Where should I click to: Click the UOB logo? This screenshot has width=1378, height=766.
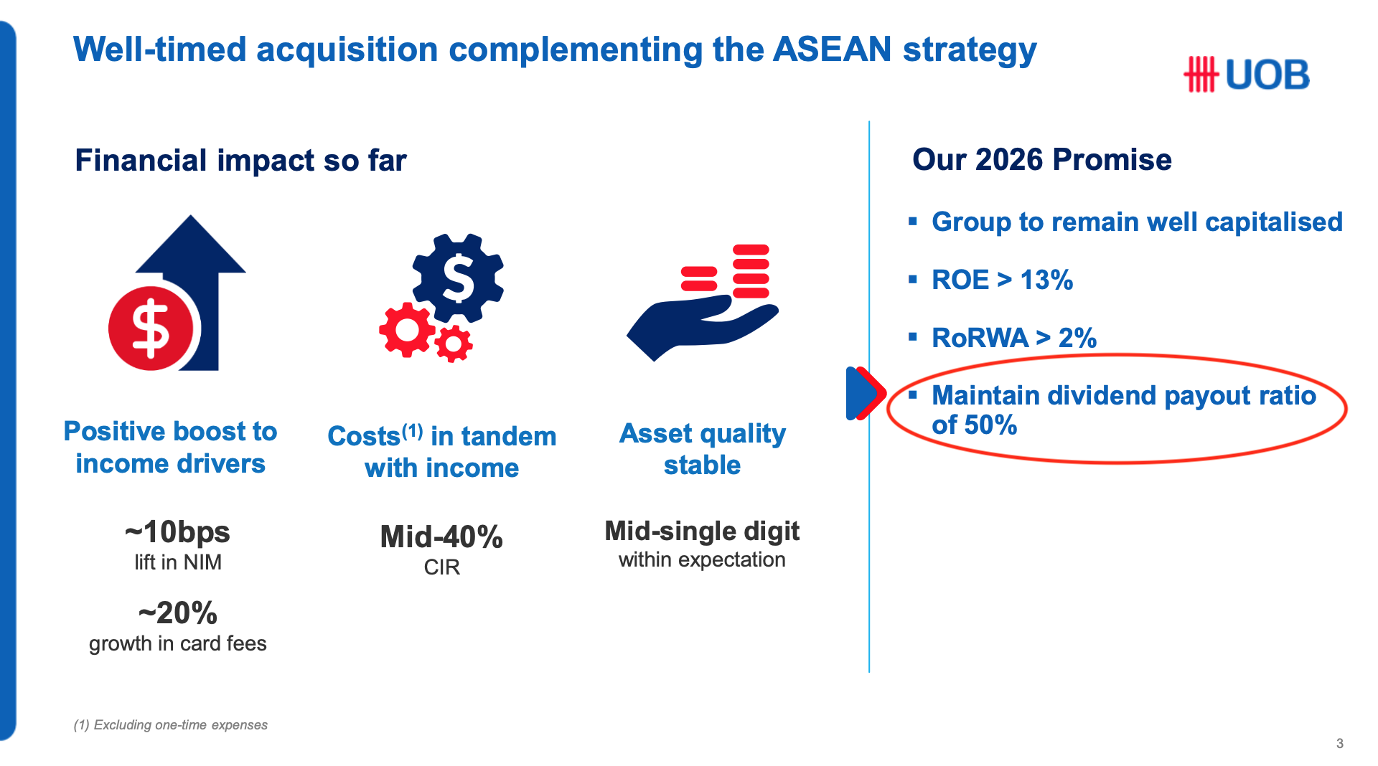tap(1247, 75)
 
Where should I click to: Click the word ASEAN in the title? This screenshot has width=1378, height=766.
tap(832, 49)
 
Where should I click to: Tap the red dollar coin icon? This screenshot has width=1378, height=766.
tap(151, 328)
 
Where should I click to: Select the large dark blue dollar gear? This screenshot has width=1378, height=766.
tap(458, 278)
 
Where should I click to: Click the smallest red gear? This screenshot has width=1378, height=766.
tap(453, 344)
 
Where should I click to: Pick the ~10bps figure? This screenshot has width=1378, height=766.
tap(177, 532)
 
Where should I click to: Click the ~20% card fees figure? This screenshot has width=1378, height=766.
tap(177, 613)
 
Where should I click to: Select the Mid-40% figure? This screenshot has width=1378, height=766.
tap(441, 537)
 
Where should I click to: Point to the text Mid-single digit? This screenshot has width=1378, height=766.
tap(702, 531)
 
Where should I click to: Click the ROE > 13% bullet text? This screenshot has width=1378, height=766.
tap(1002, 280)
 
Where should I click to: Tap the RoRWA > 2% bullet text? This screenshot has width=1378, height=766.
tap(1014, 338)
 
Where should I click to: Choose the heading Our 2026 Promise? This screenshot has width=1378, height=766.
tap(1041, 159)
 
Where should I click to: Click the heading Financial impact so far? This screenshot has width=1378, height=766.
tap(240, 161)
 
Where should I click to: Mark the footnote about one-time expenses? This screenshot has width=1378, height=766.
tap(170, 725)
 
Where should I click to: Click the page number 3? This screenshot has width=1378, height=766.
tap(1339, 744)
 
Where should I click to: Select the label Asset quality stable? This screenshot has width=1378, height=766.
tap(702, 450)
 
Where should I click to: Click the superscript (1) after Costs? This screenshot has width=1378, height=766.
tap(412, 431)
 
